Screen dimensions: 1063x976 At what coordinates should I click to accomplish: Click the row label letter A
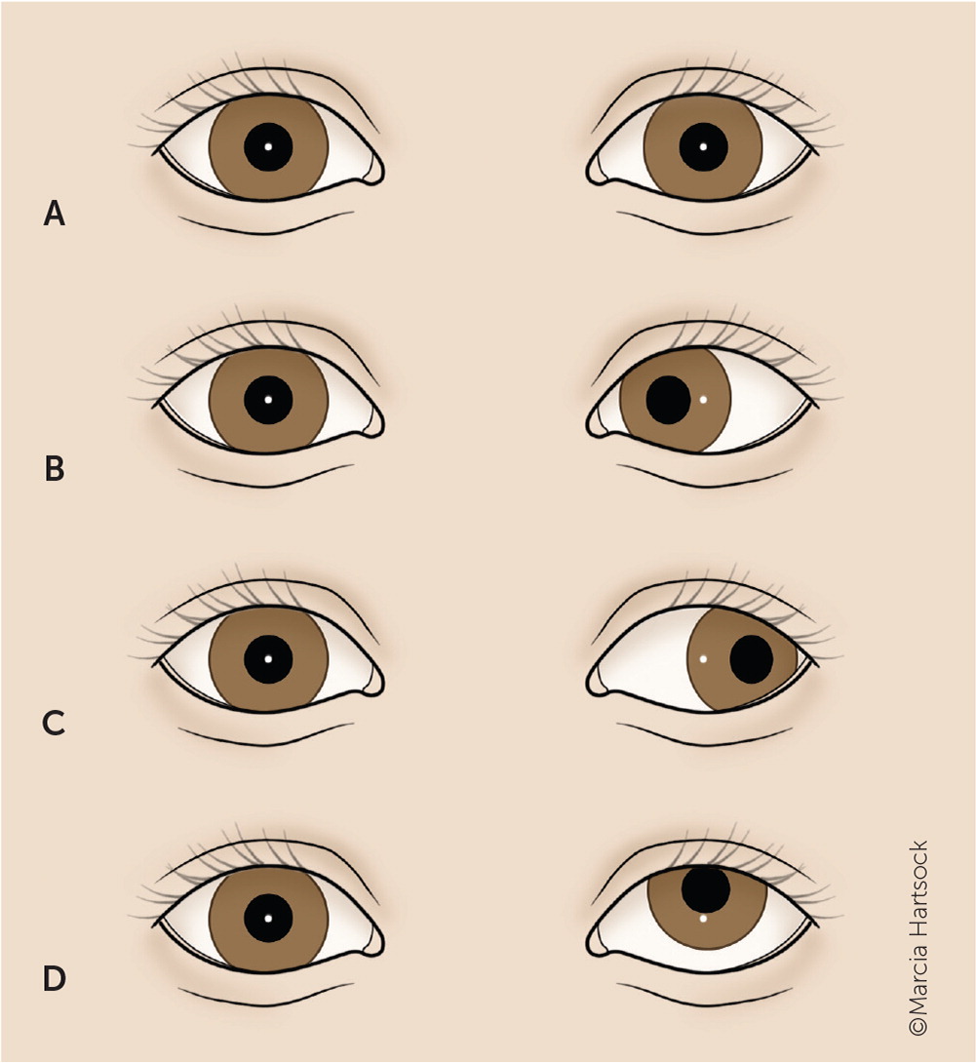(55, 214)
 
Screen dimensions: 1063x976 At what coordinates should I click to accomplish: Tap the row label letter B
(55, 469)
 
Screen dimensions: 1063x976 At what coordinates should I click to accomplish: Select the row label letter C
(55, 724)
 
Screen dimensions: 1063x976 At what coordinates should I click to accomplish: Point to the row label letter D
(55, 978)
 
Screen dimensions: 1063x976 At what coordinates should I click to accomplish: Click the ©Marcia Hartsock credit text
(917, 937)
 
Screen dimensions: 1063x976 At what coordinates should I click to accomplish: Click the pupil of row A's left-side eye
(268, 147)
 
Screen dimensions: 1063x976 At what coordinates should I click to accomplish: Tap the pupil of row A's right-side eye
(703, 147)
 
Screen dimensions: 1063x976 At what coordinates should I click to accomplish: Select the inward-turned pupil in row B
(668, 400)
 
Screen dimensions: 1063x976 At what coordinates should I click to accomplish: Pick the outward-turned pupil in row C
(751, 659)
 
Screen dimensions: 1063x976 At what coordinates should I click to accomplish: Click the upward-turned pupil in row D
(706, 889)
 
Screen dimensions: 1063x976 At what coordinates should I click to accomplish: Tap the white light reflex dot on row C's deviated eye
(703, 659)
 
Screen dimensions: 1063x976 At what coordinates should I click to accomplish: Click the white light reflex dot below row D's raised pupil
(703, 918)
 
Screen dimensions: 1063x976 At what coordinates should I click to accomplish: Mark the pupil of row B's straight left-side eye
(268, 400)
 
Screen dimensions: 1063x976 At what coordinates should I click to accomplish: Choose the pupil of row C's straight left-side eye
(268, 659)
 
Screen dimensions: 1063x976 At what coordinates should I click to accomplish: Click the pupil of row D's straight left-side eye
(268, 918)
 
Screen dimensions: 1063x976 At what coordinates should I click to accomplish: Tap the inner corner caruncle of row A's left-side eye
(371, 173)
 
